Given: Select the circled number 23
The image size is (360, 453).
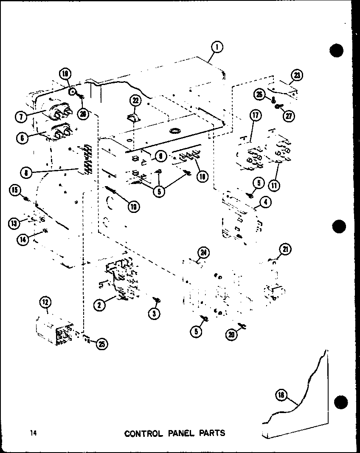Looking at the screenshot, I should pos(297,76).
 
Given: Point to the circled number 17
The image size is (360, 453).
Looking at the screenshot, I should pos(256,116).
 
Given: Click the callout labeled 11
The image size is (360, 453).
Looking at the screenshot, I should pos(274,186).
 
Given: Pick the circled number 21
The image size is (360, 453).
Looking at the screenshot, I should pos(285,249).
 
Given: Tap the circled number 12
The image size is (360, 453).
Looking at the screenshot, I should pos(45,303).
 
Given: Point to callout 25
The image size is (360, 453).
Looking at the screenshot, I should pos(101,344).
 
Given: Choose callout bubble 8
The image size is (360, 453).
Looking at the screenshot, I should pos(26,173).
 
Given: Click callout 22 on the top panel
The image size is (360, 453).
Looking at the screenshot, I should pos(135,101).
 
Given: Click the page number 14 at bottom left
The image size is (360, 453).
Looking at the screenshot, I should pos(34,433).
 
